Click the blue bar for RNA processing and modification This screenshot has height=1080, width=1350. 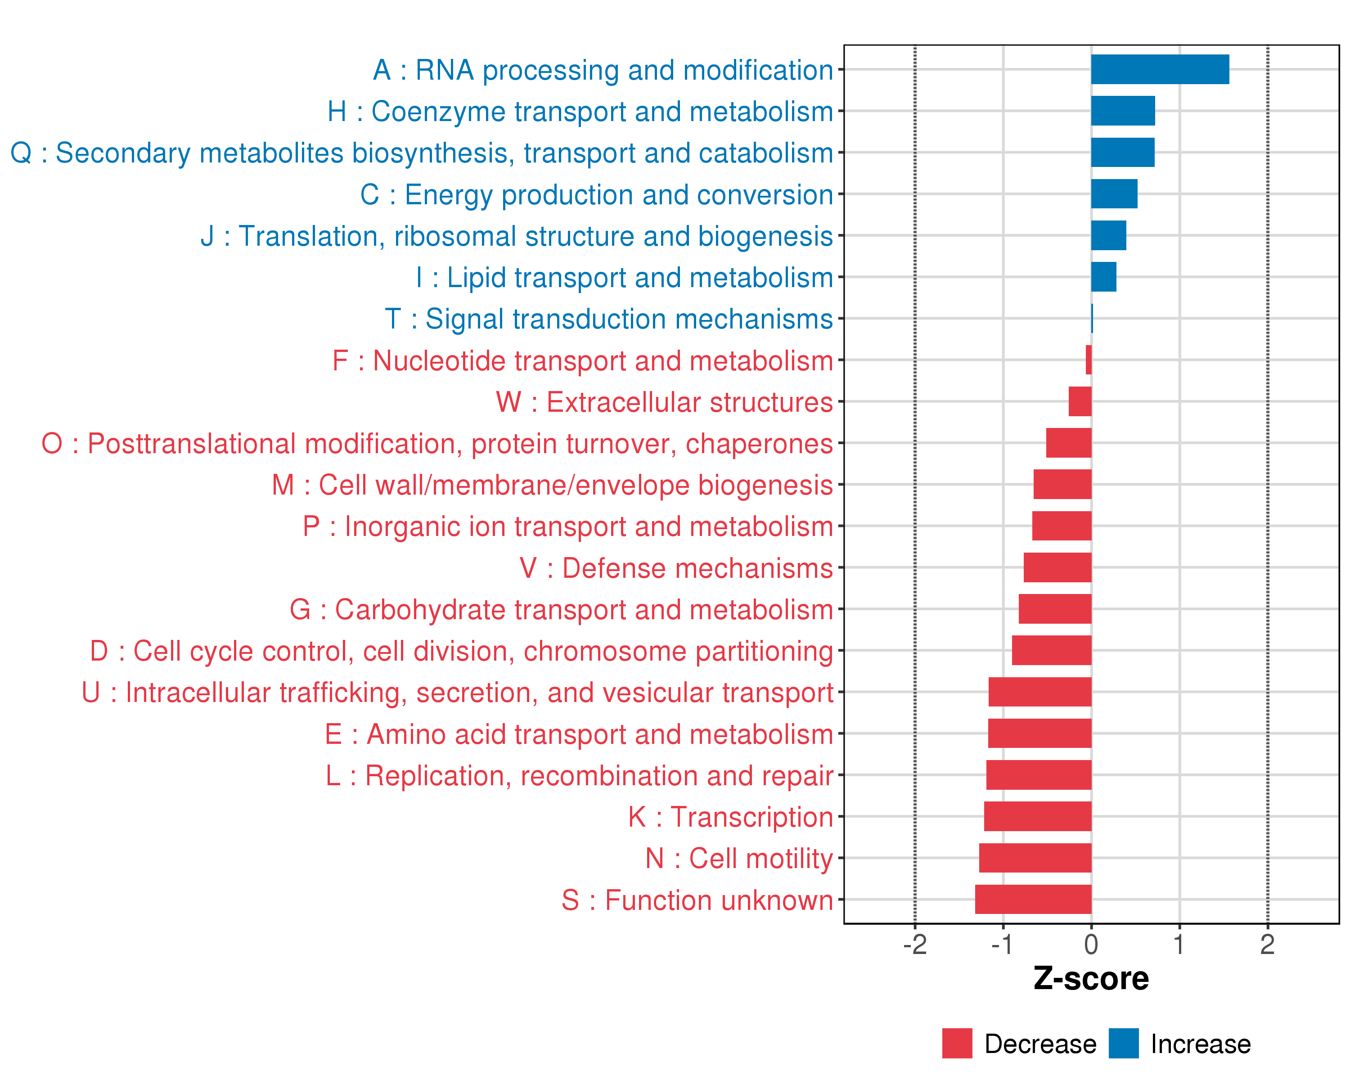1160,69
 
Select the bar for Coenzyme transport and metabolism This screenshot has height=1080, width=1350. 1123,111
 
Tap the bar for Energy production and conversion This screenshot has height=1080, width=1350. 1114,194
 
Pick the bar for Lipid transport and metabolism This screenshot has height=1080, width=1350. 1103,277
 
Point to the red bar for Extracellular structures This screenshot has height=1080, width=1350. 1080,401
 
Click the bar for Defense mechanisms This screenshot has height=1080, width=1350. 1057,567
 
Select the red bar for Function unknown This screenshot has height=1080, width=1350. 1033,899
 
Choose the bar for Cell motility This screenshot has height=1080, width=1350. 1035,858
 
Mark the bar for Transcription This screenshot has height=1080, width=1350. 1038,816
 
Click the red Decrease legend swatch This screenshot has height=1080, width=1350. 957,1043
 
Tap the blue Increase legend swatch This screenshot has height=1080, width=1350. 1123,1043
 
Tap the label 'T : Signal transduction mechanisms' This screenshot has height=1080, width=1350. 609,319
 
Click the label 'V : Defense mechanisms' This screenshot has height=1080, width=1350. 676,568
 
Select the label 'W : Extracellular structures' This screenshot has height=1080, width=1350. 664,402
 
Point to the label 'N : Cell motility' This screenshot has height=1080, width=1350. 739,858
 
